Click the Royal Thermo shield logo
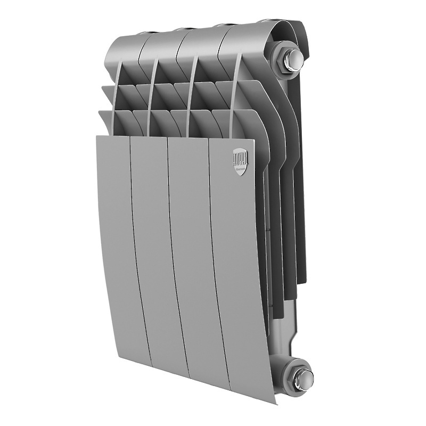[x=237, y=160]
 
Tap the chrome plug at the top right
[x=292, y=61]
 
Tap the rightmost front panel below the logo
[x=237, y=266]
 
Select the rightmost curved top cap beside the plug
[x=245, y=37]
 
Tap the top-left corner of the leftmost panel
[x=97, y=137]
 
